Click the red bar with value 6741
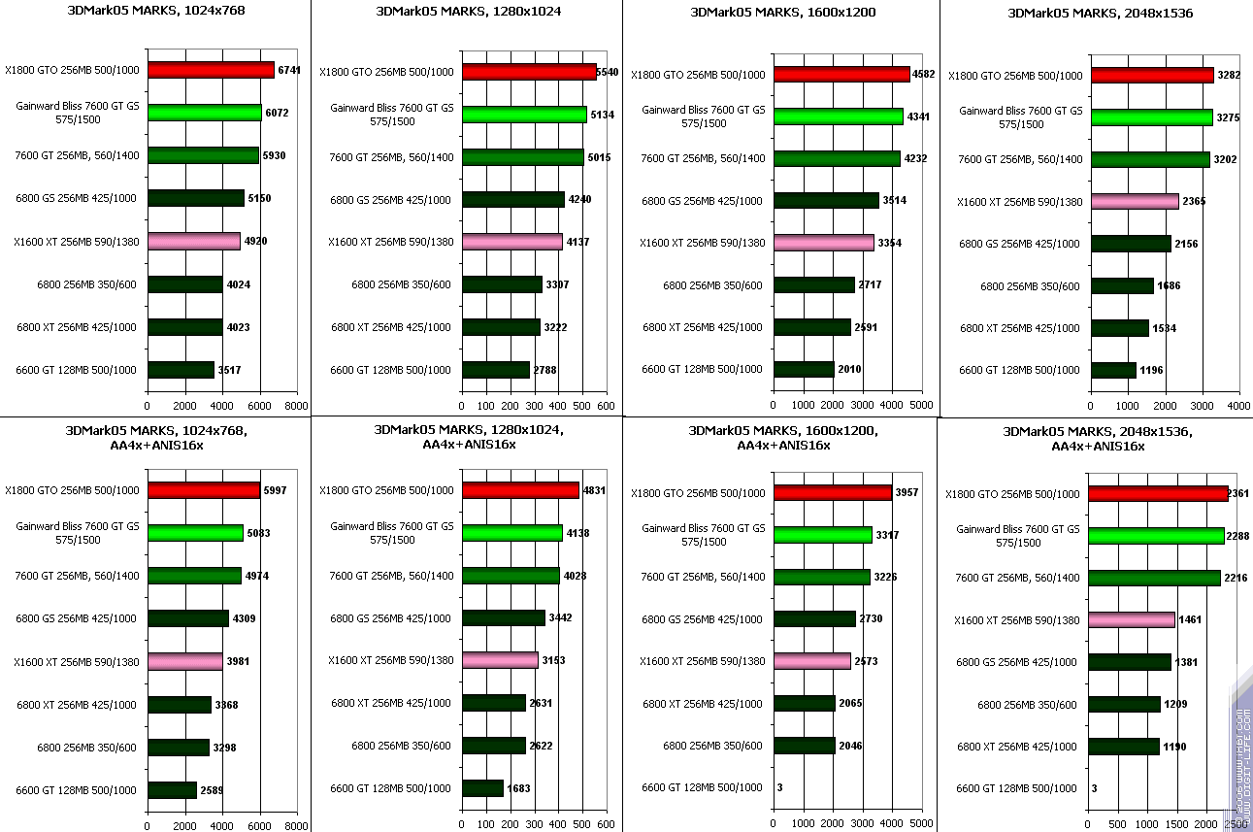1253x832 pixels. click(211, 70)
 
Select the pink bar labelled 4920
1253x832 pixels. click(193, 241)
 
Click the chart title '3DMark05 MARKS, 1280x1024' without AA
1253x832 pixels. click(468, 13)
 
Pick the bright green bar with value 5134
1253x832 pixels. click(524, 115)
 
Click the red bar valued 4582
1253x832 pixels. click(841, 74)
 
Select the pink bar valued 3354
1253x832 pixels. click(823, 242)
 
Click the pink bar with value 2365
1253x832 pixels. click(1135, 201)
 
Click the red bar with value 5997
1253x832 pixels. click(204, 490)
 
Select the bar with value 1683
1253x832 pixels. click(483, 788)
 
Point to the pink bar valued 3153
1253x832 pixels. click(500, 660)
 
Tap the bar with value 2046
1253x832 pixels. click(805, 746)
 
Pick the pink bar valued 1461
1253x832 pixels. click(1132, 619)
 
